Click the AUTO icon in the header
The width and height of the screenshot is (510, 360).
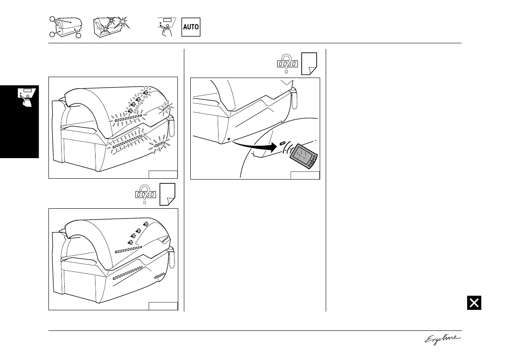click(x=191, y=27)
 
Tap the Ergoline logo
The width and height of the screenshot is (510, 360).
click(x=443, y=339)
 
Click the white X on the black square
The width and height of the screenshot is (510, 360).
click(x=474, y=303)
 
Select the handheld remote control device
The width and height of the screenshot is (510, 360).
click(x=304, y=155)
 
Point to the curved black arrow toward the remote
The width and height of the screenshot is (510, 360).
click(x=253, y=147)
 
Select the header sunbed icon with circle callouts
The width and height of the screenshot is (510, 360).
click(x=65, y=27)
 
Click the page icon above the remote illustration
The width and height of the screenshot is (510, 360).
click(x=309, y=64)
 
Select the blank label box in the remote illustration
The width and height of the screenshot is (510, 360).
click(x=305, y=175)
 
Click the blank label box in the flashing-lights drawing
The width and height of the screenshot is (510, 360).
click(x=163, y=174)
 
